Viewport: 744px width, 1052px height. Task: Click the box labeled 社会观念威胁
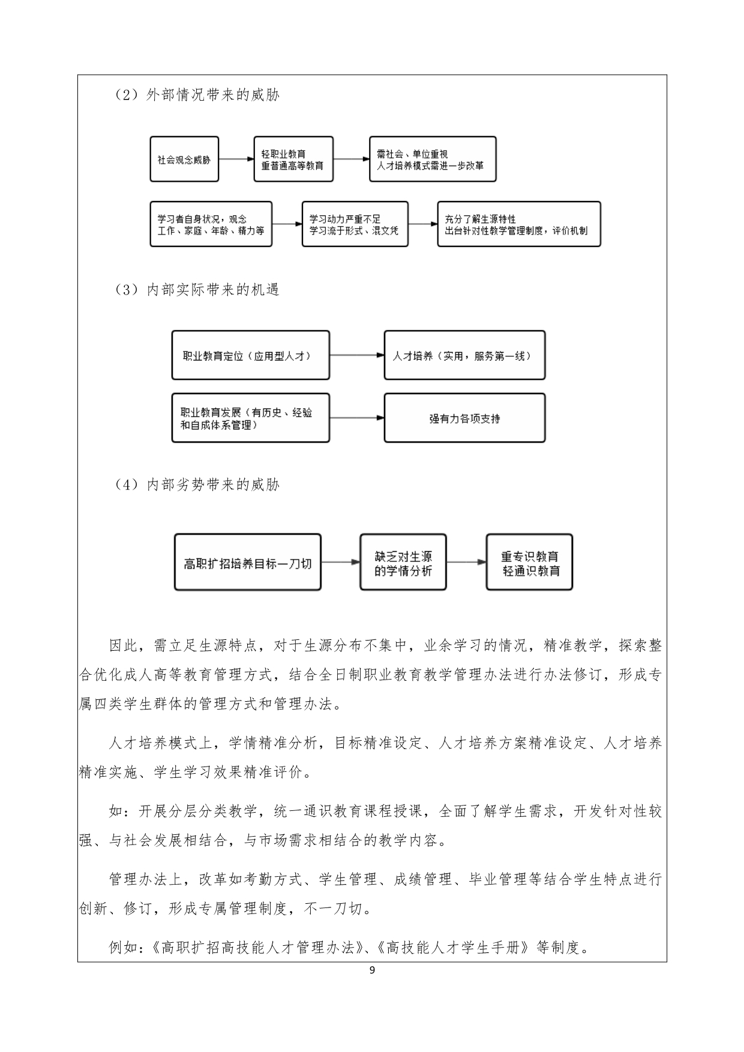point(184,159)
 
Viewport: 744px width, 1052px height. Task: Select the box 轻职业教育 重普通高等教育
point(293,159)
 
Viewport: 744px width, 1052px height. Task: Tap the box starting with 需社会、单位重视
point(433,159)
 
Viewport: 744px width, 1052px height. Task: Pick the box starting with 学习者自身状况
point(211,224)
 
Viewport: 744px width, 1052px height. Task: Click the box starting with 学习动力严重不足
point(355,224)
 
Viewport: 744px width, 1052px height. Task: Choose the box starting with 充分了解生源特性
point(519,224)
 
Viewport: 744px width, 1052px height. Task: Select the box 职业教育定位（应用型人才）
point(250,355)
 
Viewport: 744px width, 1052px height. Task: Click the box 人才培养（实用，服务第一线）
point(464,355)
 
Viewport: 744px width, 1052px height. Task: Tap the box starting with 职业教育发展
point(250,418)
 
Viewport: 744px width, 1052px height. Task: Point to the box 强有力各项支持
point(464,418)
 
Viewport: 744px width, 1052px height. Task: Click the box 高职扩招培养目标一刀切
point(247,563)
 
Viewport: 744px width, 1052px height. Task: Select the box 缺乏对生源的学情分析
point(403,563)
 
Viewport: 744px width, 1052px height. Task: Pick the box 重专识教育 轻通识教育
point(529,563)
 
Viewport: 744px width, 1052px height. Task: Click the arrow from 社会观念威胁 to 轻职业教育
point(236,159)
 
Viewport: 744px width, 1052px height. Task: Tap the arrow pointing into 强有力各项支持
point(357,418)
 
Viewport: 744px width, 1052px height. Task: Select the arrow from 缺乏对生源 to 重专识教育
point(466,563)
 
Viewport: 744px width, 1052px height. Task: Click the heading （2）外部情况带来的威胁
point(197,95)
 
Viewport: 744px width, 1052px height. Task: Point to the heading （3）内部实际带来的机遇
point(197,290)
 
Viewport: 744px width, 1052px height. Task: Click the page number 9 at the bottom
point(372,970)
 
